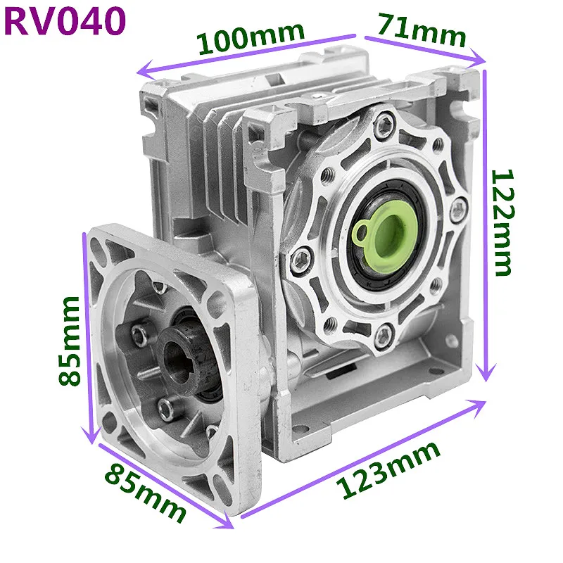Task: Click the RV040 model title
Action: click(x=65, y=22)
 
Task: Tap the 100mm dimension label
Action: click(x=251, y=38)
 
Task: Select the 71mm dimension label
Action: click(x=422, y=30)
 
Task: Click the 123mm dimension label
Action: click(x=388, y=470)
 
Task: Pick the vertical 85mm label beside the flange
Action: click(x=69, y=341)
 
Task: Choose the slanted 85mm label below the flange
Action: click(x=146, y=492)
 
